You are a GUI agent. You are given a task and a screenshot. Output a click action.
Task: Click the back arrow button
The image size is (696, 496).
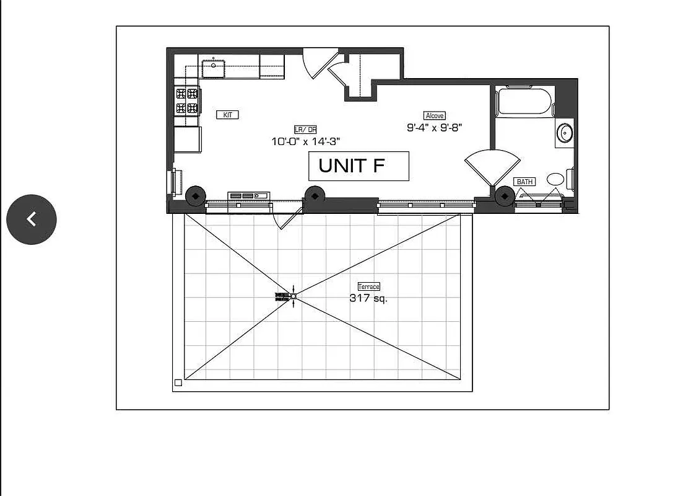pyautogui.click(x=32, y=219)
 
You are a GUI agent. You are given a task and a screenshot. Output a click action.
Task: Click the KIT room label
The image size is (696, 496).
pyautogui.click(x=227, y=115)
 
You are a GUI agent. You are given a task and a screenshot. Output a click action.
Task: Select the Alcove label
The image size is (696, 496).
pyautogui.click(x=435, y=115)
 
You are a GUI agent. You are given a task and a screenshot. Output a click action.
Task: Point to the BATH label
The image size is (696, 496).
pyautogui.click(x=524, y=182)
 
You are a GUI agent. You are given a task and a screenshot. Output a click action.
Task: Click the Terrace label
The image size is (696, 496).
pyautogui.click(x=368, y=286)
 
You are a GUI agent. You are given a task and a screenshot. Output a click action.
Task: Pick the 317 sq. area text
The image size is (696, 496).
pyautogui.click(x=368, y=298)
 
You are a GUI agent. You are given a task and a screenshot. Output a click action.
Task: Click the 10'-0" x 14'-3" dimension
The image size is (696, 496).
pyautogui.click(x=306, y=141)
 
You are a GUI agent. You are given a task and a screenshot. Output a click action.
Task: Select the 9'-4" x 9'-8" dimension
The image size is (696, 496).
pyautogui.click(x=435, y=128)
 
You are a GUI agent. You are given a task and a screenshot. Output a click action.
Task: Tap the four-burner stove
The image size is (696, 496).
pyautogui.click(x=188, y=101)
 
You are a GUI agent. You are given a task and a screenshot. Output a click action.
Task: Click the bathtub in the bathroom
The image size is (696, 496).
pyautogui.click(x=524, y=102)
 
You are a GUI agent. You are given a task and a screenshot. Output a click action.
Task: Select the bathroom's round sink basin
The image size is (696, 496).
pyautogui.click(x=565, y=133)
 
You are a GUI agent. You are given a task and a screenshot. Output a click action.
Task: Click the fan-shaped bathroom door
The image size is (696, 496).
pyautogui.click(x=492, y=166)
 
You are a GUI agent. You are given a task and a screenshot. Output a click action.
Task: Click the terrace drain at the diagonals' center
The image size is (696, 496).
pyautogui.click(x=294, y=296)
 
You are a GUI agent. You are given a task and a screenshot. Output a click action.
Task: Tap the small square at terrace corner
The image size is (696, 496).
pyautogui.click(x=178, y=383)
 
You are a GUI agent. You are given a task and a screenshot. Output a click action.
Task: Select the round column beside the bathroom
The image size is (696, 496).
pyautogui.click(x=505, y=196)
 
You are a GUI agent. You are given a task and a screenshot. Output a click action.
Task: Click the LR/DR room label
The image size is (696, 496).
pyautogui.click(x=305, y=130)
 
